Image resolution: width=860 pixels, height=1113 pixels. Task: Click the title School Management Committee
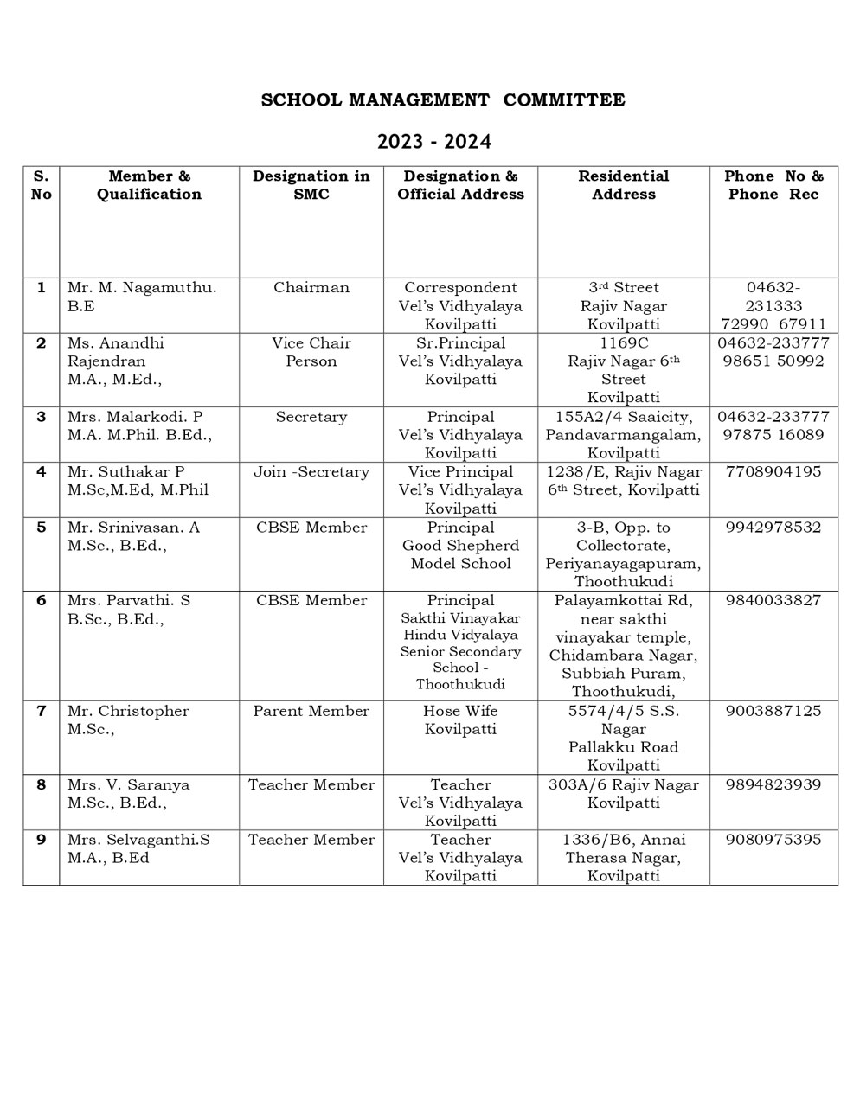pos(443,100)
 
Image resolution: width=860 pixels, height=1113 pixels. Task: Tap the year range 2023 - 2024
pos(433,142)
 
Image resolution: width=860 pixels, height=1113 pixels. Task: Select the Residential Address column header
pos(623,185)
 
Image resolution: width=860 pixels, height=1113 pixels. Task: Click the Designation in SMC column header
pos(311,185)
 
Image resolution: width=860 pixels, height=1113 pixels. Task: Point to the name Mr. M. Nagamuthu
pos(142,288)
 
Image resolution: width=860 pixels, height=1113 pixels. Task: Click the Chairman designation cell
pos(311,288)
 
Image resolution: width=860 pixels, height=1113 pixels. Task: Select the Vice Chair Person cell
pos(311,352)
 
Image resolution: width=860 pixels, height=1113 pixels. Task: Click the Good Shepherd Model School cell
pos(460,546)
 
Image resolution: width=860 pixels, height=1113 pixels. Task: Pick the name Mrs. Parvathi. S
pos(129,600)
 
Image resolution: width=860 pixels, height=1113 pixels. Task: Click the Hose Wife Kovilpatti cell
pos(460,720)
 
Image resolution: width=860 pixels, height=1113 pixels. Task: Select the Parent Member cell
pos(311,711)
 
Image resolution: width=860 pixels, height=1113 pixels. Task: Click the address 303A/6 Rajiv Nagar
pos(623,785)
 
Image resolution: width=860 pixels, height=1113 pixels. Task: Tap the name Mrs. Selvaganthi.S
pos(138,840)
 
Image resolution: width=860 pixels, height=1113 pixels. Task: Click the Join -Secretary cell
pos(311,472)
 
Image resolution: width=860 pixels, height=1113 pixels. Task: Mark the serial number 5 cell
pos(41,528)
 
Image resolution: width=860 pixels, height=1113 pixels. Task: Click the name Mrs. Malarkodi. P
pos(135,417)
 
